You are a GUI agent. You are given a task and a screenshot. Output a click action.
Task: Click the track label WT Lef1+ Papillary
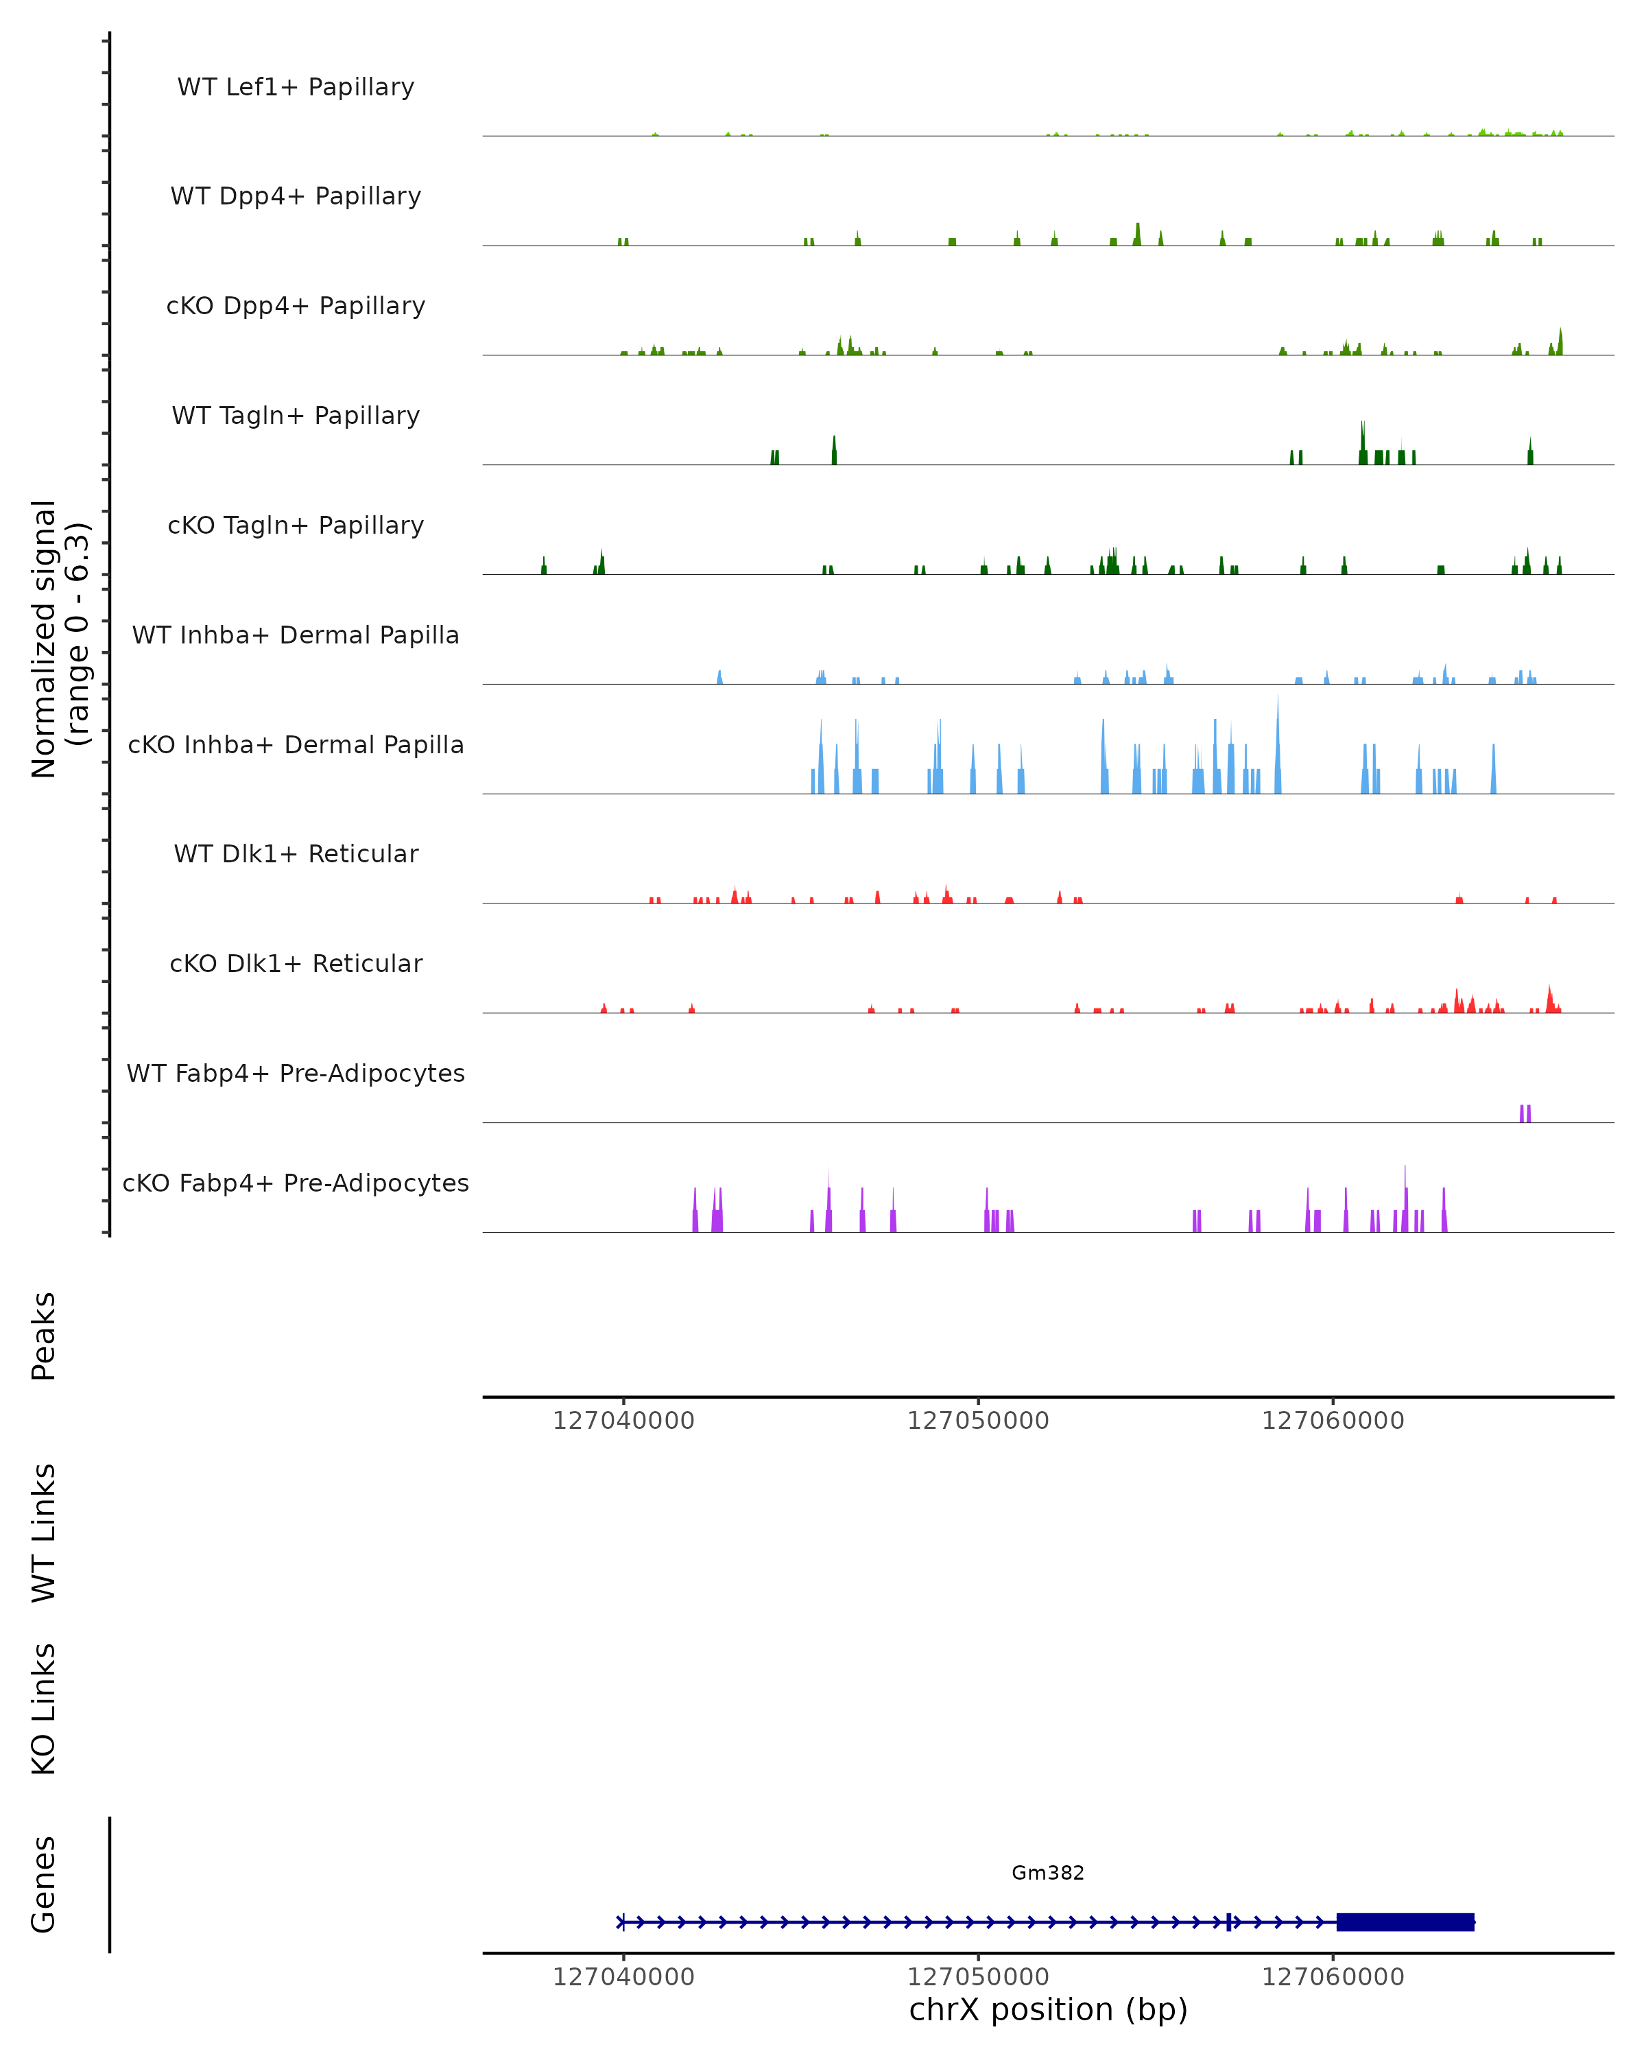pyautogui.click(x=296, y=87)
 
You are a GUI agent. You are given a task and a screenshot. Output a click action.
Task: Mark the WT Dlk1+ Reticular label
pyautogui.click(x=296, y=853)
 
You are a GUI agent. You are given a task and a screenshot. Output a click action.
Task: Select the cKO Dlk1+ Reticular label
pyautogui.click(x=296, y=963)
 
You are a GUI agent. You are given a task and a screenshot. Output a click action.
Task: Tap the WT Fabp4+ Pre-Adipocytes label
pyautogui.click(x=296, y=1073)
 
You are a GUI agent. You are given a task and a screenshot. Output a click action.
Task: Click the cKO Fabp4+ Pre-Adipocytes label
pyautogui.click(x=296, y=1183)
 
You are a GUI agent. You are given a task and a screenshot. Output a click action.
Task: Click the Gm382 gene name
pyautogui.click(x=1048, y=1873)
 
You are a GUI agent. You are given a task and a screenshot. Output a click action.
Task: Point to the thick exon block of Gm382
pyautogui.click(x=1405, y=1921)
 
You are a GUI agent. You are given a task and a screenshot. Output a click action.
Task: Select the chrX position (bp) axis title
pyautogui.click(x=1048, y=2009)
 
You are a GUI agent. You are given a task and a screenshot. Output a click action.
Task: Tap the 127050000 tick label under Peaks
pyautogui.click(x=978, y=1421)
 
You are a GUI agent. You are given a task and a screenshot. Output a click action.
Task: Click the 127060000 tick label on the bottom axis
pyautogui.click(x=1333, y=1977)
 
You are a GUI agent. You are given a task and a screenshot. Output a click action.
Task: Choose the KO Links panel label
pyautogui.click(x=44, y=1709)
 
